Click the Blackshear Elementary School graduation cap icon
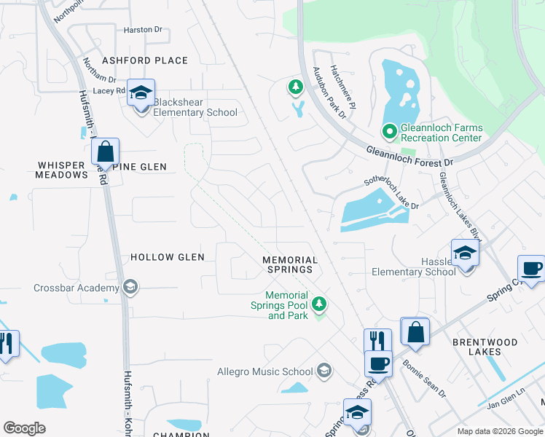(x=141, y=93)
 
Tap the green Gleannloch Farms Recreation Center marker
(x=389, y=132)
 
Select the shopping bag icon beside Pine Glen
(x=105, y=153)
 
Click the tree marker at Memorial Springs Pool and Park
(x=318, y=303)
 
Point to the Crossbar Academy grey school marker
(x=130, y=287)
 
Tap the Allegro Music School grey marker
(x=324, y=371)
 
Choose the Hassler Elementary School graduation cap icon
(x=465, y=253)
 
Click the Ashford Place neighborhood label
(x=145, y=60)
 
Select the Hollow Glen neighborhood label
(x=167, y=257)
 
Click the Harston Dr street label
(x=143, y=30)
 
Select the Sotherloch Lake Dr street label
(x=391, y=194)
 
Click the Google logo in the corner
(x=24, y=428)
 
